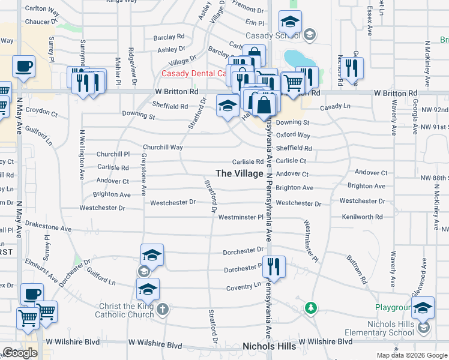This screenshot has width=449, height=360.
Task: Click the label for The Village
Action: coord(240,173)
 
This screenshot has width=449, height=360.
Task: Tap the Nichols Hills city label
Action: coord(269,347)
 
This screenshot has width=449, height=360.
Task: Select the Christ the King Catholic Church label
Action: coord(127,310)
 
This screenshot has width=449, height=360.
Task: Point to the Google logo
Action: coord(20,353)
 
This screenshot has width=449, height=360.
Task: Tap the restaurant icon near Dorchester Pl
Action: coord(274,267)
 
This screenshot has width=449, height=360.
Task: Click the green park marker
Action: coord(310,308)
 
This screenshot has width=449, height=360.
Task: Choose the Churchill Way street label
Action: coord(162,147)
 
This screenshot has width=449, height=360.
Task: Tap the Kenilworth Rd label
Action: coord(363,217)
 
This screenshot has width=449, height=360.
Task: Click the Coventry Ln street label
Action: coord(244,287)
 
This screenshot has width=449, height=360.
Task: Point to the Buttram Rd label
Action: coord(356,269)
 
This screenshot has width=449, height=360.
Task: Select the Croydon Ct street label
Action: coord(41,112)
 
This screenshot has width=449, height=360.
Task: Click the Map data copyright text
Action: coord(411,355)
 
